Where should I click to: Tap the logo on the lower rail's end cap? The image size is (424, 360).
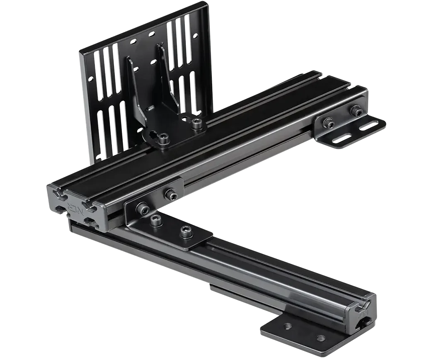pyautogui.click(x=362, y=316)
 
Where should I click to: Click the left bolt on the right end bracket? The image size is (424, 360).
pyautogui.click(x=328, y=122)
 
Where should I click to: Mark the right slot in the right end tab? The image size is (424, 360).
pyautogui.click(x=368, y=126)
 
